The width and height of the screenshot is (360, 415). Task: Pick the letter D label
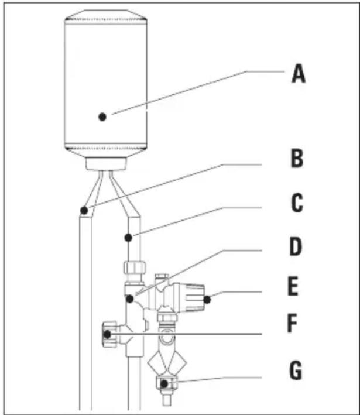(297, 251)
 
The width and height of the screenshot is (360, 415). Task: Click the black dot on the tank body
(103, 116)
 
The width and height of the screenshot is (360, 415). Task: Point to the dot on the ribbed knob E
(207, 301)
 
